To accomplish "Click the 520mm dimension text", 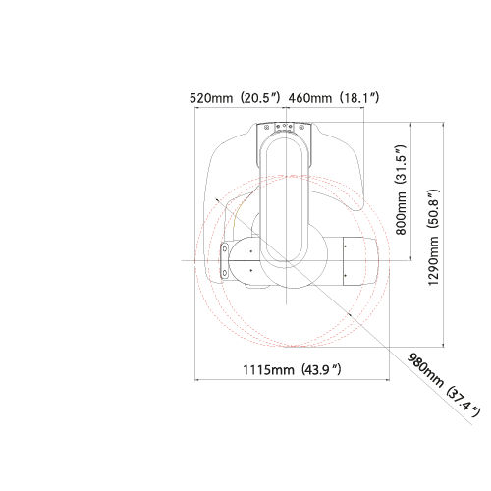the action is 211,98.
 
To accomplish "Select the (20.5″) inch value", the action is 260,98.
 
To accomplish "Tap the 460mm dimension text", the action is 310,98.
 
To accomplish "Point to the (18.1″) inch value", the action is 359,98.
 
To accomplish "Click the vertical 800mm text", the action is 401,213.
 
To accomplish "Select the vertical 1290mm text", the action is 433,261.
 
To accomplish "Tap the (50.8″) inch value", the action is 433,208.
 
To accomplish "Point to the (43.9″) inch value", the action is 321,370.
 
